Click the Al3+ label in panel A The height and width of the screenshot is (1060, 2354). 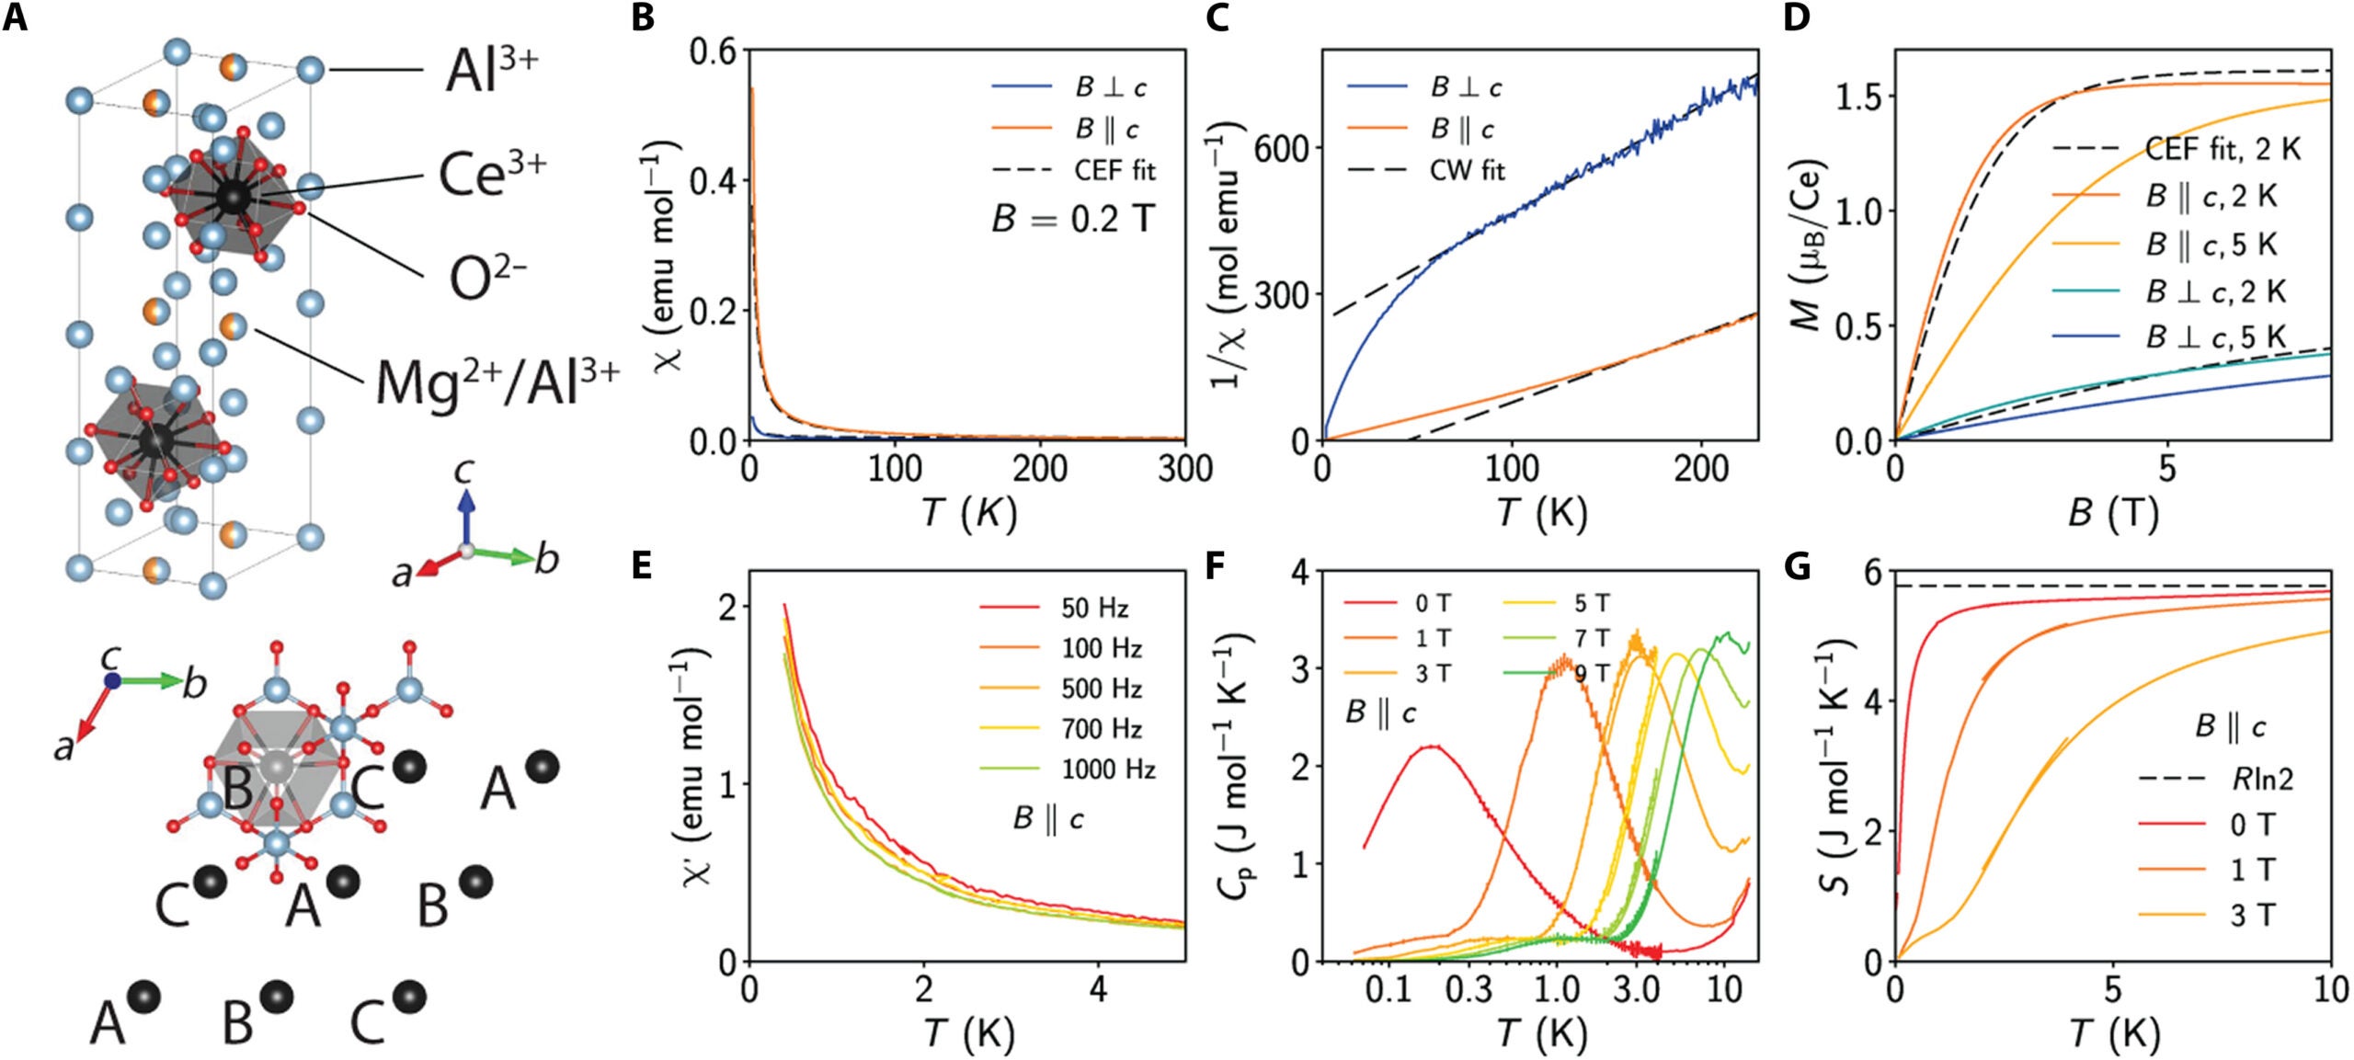(x=491, y=71)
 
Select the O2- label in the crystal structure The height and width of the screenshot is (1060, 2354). (x=486, y=279)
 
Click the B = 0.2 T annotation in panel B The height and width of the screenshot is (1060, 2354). (x=1072, y=220)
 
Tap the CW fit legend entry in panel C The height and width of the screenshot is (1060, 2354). (x=1467, y=171)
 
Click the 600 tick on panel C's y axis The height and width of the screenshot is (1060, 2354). (x=1283, y=148)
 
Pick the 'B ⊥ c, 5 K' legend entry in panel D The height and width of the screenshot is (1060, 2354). (x=2215, y=337)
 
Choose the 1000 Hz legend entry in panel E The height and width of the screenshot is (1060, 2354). (x=1108, y=769)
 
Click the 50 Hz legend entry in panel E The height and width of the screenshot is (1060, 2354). (x=1094, y=608)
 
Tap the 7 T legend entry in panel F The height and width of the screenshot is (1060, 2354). (x=1592, y=638)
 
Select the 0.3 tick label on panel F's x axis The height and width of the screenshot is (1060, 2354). (x=1468, y=990)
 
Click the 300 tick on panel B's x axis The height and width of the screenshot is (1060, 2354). (x=1184, y=470)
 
